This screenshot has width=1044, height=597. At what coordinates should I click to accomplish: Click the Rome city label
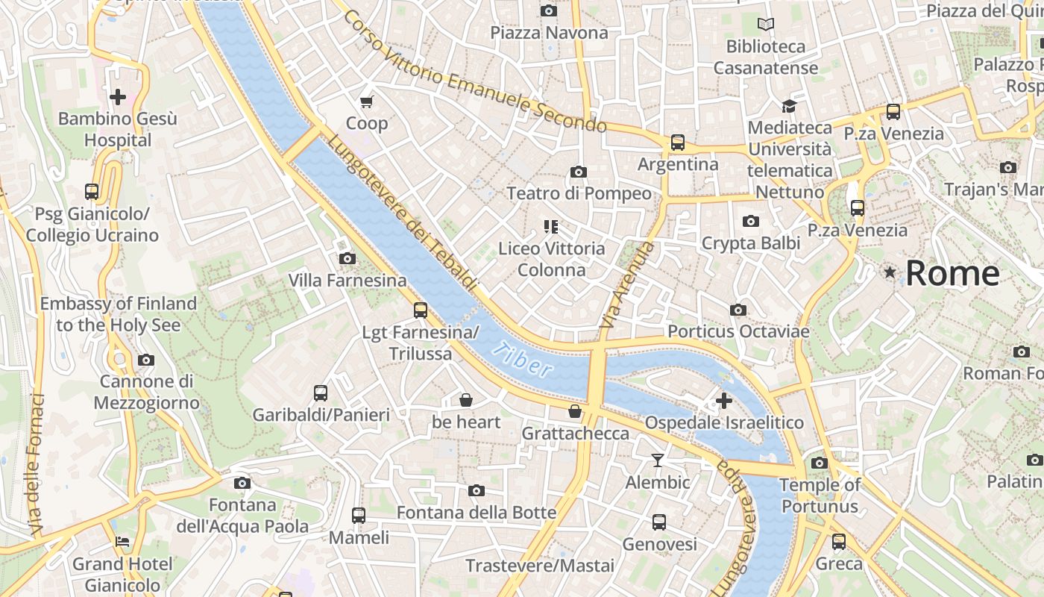pos(952,273)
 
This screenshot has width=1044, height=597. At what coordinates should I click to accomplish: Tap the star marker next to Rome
pos(890,272)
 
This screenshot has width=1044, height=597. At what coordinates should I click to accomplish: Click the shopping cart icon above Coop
pos(366,101)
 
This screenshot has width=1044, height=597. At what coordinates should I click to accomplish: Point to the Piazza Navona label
pos(549,33)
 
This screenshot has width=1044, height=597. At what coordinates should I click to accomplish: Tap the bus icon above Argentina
pos(677,142)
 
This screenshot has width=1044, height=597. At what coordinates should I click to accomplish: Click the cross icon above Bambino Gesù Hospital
pos(117,97)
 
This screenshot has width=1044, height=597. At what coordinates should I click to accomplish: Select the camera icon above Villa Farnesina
pos(347,259)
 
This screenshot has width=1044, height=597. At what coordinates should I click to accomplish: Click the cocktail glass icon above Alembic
pos(657,460)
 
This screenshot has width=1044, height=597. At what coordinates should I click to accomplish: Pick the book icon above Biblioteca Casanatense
pos(766,25)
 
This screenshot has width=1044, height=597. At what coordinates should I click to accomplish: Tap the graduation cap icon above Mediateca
pos(789,106)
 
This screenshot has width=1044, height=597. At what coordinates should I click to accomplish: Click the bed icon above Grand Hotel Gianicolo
pos(122,542)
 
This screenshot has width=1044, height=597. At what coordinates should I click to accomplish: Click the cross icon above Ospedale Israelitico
pos(723,401)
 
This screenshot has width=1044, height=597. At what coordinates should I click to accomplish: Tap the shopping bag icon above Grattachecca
pos(575,411)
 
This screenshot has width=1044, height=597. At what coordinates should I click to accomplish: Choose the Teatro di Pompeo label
pos(579,194)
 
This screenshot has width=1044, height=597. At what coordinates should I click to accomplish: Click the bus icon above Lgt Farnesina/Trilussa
pos(421,310)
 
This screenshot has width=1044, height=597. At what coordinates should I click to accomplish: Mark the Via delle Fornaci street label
pos(37,464)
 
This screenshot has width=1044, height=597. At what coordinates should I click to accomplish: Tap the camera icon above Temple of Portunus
pos(819,463)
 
